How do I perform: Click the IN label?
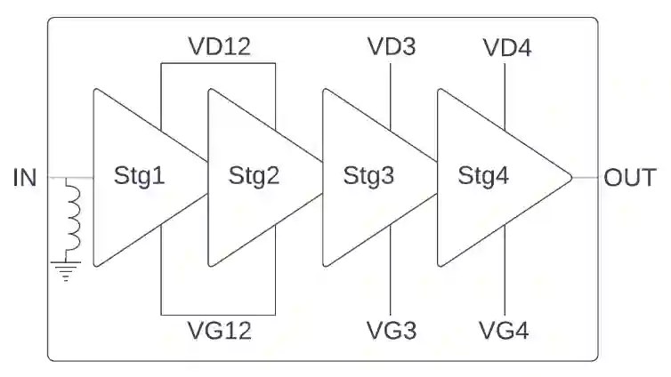tap(25, 178)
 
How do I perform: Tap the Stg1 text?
tap(140, 176)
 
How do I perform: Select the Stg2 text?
tap(254, 176)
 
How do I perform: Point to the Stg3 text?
tap(368, 176)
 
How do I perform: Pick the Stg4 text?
tap(483, 176)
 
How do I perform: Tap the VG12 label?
tap(219, 332)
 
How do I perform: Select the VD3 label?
tap(392, 47)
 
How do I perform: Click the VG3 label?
tap(392, 332)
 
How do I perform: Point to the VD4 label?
tap(506, 47)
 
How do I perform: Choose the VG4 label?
tap(505, 332)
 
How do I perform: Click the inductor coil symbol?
tap(72, 216)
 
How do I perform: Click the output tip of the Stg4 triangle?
tap(570, 178)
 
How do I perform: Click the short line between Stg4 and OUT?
tap(584, 178)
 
